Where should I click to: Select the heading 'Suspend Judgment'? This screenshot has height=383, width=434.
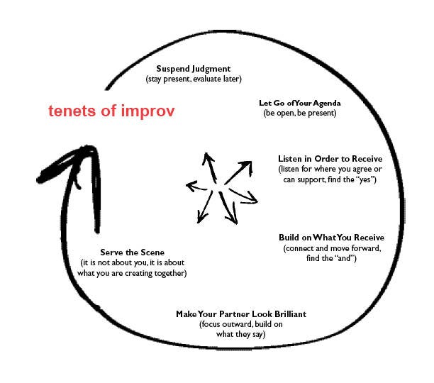(194, 69)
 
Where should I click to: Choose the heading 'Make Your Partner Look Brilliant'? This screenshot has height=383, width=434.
(233, 314)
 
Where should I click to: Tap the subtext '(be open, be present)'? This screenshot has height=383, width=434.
(299, 113)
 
